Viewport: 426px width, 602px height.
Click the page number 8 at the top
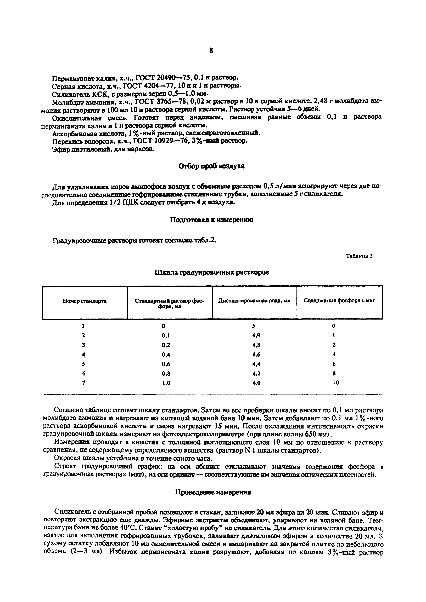click(211, 51)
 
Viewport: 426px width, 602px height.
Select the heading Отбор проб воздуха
click(211, 166)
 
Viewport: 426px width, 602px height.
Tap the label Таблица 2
click(359, 256)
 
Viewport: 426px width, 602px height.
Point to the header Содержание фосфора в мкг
click(339, 301)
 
